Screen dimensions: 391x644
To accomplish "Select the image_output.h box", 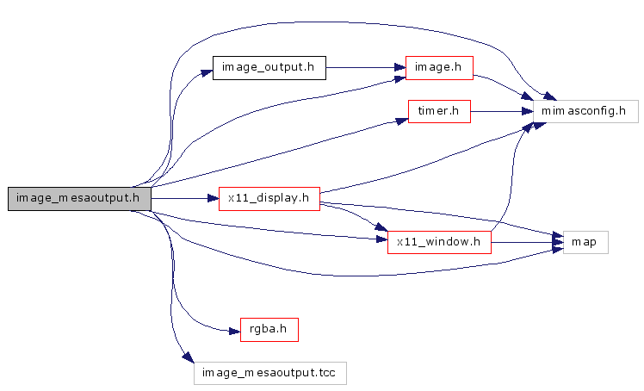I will pos(269,68).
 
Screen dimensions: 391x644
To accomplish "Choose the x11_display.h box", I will pos(269,199).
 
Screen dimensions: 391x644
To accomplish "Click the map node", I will pos(585,242).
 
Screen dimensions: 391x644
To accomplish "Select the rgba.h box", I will pos(269,329).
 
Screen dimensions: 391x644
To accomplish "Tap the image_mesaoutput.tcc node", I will pos(269,372).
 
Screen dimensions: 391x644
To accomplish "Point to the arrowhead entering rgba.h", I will pos(233,329).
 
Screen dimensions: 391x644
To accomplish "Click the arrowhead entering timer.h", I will pos(402,121).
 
